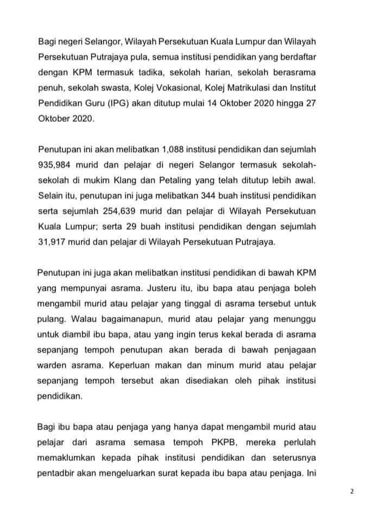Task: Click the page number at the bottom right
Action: click(351, 492)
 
